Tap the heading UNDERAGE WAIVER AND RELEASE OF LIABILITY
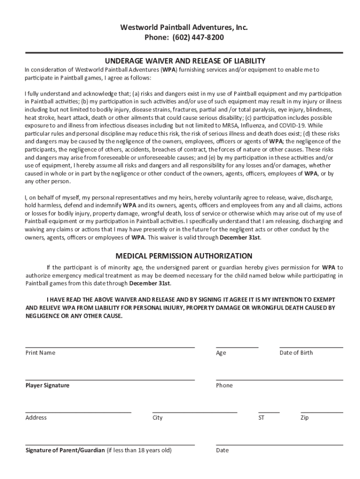(x=185, y=61)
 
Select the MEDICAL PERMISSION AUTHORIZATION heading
(x=184, y=256)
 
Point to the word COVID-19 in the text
(x=293, y=125)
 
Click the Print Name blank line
(x=110, y=348)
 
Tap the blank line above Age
(x=237, y=348)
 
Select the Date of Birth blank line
(x=311, y=348)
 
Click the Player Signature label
(x=47, y=385)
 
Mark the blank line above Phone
(x=279, y=380)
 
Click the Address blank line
(x=78, y=413)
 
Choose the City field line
(x=194, y=413)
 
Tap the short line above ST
(x=269, y=413)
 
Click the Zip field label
(x=304, y=418)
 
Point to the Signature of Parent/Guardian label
(x=65, y=450)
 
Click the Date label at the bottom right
(x=222, y=450)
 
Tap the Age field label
(x=221, y=353)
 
